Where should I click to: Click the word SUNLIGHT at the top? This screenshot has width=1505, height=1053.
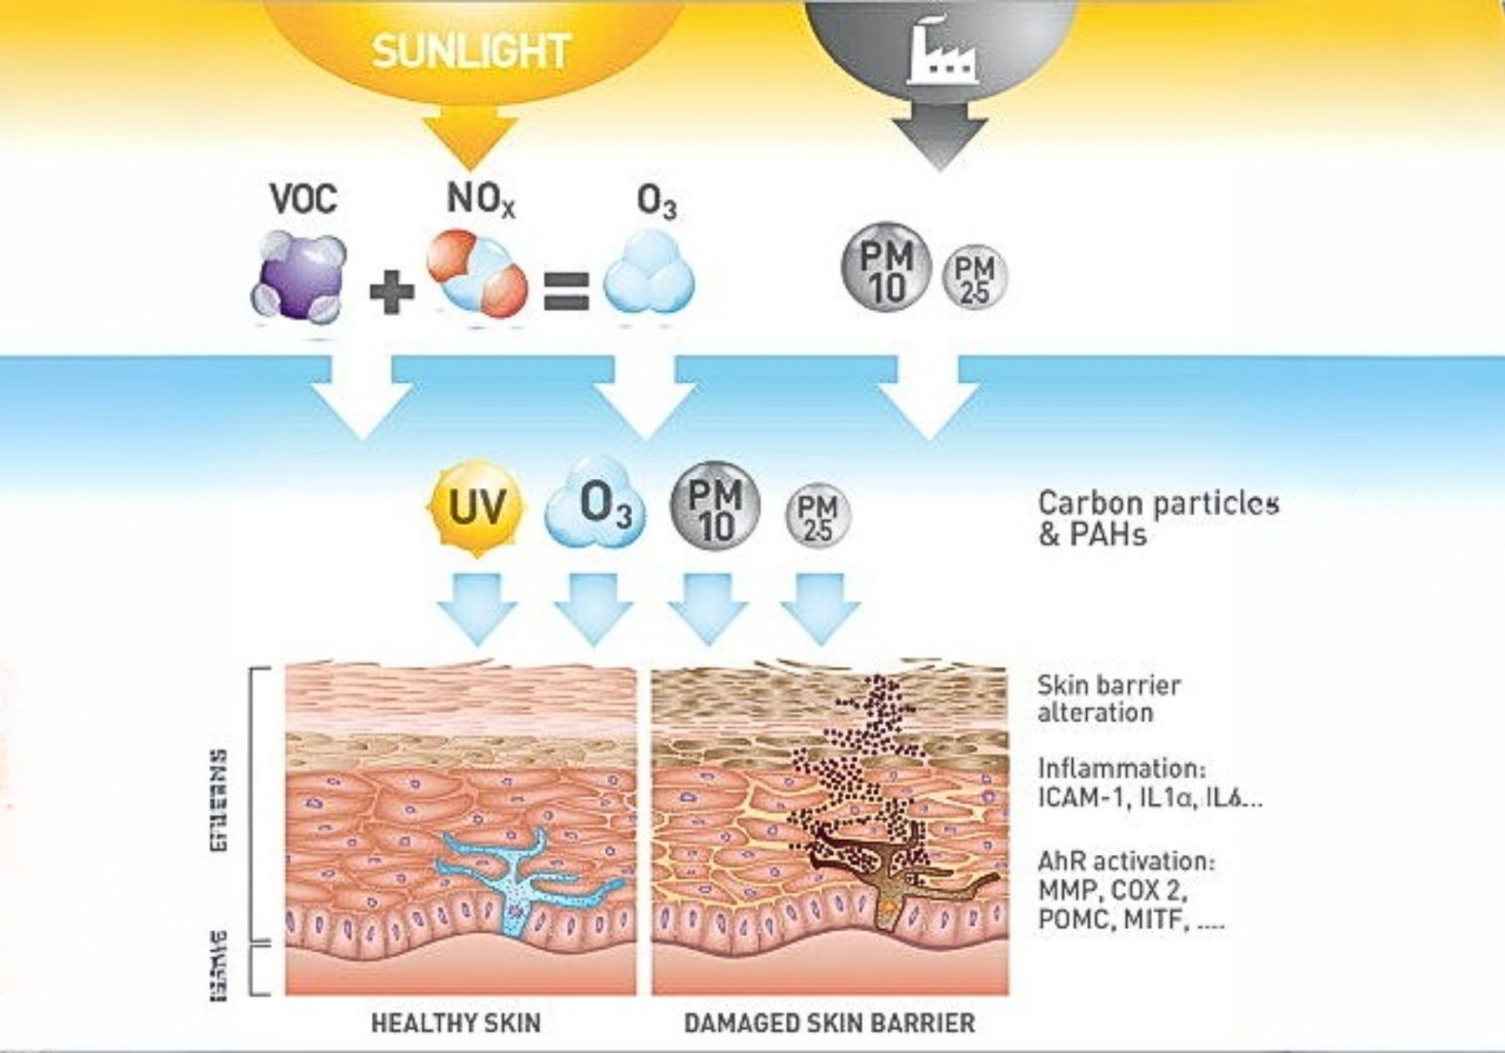[471, 52]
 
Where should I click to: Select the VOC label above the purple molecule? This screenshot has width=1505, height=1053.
[304, 199]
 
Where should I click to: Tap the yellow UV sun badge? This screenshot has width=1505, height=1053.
[476, 506]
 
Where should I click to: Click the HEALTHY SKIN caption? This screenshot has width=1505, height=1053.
[456, 1023]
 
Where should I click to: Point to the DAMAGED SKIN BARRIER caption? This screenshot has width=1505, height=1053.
[829, 1023]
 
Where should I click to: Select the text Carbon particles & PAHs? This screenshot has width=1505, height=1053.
[1157, 518]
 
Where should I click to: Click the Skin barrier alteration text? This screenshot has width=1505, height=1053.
[1109, 699]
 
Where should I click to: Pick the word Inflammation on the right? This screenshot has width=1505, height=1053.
[1121, 768]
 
